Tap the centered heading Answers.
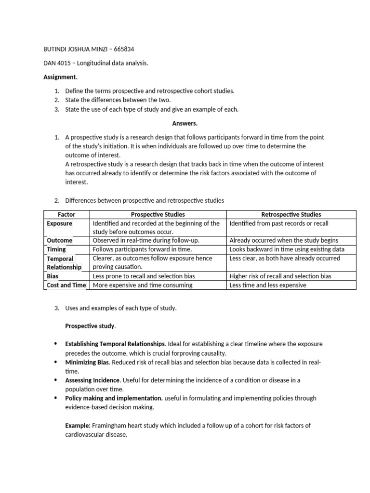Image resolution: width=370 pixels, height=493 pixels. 185,123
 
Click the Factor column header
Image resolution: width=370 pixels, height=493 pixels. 66,214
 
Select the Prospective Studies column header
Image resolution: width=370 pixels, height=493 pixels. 158,214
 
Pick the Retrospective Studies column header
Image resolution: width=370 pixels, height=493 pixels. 291,214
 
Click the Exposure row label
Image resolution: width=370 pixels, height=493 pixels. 60,223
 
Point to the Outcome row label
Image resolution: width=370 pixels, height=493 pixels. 60,240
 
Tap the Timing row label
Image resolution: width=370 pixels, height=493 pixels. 56,249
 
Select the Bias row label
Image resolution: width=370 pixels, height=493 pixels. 53,276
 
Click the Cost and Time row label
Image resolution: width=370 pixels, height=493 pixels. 66,285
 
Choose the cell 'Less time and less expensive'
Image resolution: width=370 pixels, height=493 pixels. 267,285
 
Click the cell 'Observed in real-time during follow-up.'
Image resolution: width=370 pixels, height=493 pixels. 146,240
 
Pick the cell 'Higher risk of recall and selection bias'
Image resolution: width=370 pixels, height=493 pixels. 280,276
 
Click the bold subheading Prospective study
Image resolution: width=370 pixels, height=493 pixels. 90,326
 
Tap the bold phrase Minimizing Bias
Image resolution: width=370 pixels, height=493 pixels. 87,362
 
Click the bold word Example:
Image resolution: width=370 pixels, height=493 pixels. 78,426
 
